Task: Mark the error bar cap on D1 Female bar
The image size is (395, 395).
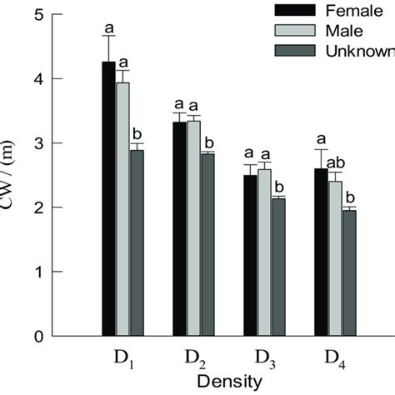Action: tap(108, 36)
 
